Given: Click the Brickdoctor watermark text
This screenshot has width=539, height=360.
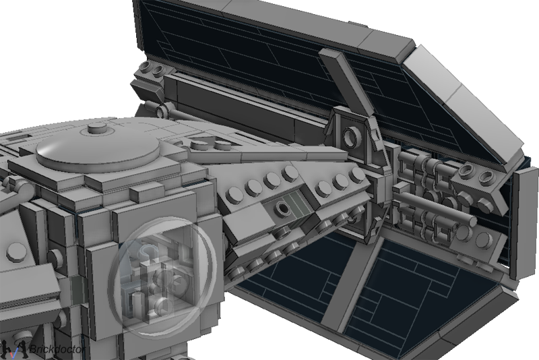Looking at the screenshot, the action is pyautogui.click(x=57, y=349).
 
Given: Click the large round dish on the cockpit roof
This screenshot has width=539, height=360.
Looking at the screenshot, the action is pyautogui.click(x=98, y=150).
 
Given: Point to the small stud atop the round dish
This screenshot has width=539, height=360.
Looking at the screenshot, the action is pyautogui.click(x=97, y=128).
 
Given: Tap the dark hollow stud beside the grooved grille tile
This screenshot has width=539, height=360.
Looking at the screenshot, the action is pyautogui.click(x=282, y=208).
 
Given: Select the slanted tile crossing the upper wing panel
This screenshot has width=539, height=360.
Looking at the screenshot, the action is pyautogui.click(x=347, y=82).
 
